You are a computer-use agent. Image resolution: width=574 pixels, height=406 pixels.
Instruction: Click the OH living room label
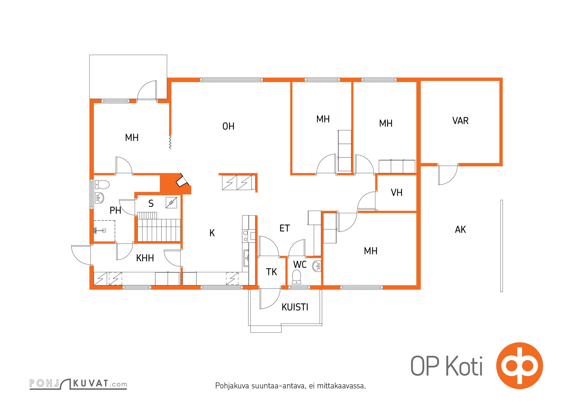click(x=228, y=126)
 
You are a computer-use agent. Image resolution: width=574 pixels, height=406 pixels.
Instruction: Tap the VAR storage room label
click(x=460, y=121)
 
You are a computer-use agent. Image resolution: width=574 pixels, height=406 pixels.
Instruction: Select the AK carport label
click(x=460, y=230)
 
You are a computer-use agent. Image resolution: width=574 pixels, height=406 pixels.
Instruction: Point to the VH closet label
click(x=397, y=193)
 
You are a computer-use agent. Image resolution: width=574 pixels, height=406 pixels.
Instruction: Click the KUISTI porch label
click(x=295, y=307)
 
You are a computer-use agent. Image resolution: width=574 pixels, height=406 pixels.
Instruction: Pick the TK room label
click(x=271, y=272)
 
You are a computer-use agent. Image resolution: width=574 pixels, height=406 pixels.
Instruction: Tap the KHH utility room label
click(x=145, y=258)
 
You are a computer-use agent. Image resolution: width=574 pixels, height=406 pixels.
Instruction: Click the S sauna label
click(x=151, y=204)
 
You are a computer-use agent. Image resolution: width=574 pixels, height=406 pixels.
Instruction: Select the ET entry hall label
click(x=284, y=228)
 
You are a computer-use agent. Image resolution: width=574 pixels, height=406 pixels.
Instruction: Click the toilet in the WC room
click(x=296, y=277)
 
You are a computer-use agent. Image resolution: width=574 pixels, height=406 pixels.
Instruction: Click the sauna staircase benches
click(x=159, y=227)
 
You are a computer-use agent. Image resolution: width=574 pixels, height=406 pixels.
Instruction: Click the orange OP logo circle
click(x=519, y=366)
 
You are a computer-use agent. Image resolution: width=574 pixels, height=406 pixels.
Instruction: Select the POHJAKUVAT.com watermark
click(x=78, y=384)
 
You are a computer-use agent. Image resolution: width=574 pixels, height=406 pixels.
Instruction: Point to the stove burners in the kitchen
click(x=245, y=236)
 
